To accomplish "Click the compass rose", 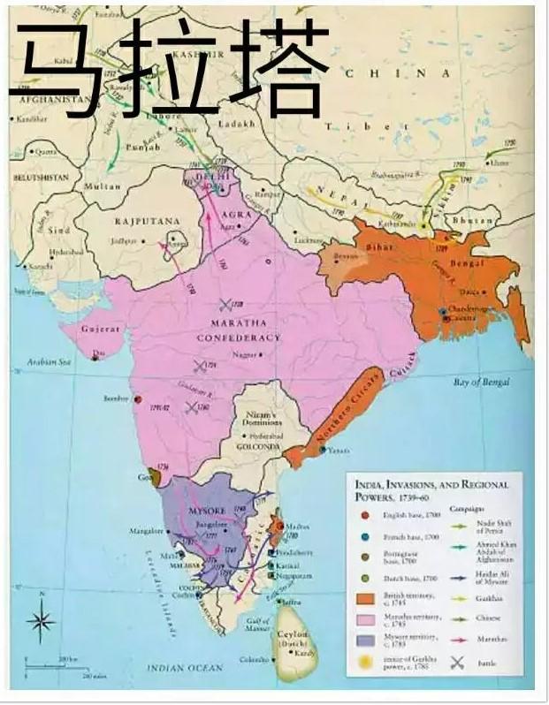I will (41, 619).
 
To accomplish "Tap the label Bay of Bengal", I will (483, 381).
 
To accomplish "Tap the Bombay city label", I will (115, 399).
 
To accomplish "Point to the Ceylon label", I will (292, 634).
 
